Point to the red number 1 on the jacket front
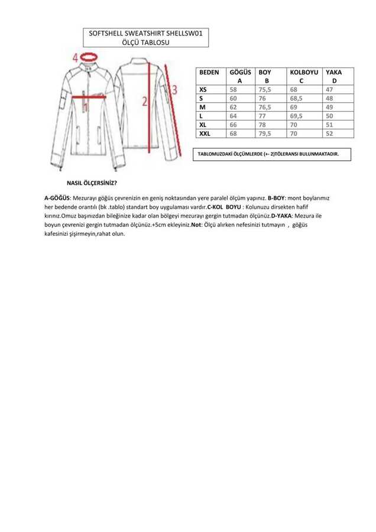[85, 107]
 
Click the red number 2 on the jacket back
[144, 100]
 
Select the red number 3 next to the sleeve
[174, 89]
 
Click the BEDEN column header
[209, 72]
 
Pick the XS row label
[204, 89]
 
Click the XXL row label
[206, 134]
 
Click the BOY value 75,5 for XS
[265, 89]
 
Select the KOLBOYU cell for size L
[297, 116]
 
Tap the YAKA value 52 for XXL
[329, 134]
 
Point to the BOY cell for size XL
[262, 125]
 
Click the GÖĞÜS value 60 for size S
[232, 98]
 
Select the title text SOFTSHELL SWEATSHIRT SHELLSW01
[145, 35]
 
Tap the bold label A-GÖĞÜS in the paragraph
[57, 197]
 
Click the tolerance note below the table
[268, 154]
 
